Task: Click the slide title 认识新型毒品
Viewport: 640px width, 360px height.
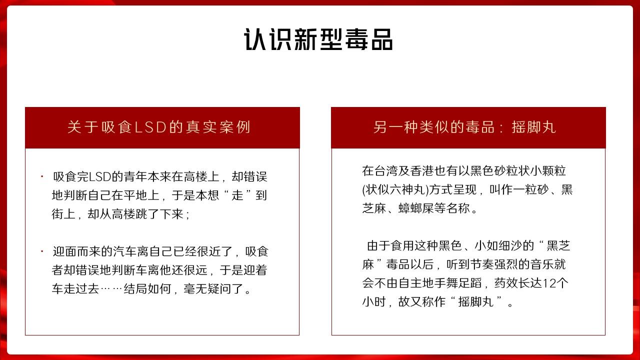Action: point(318,39)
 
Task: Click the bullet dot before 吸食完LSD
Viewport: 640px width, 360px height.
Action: point(42,176)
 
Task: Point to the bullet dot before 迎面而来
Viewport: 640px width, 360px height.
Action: point(42,251)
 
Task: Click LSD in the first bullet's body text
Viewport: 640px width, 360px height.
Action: point(100,177)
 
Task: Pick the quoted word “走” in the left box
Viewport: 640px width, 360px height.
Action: point(237,195)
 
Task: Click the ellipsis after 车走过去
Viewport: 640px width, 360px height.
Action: point(111,289)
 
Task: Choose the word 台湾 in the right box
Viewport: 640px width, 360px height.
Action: point(385,171)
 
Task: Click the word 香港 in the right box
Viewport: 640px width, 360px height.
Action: point(421,171)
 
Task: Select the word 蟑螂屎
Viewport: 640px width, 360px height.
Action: point(416,208)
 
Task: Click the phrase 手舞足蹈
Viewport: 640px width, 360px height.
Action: point(457,283)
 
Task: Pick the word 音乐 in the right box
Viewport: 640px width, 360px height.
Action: point(541,264)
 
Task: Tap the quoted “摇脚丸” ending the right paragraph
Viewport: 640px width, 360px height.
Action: point(476,302)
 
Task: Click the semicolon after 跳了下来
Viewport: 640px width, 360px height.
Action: point(187,215)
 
